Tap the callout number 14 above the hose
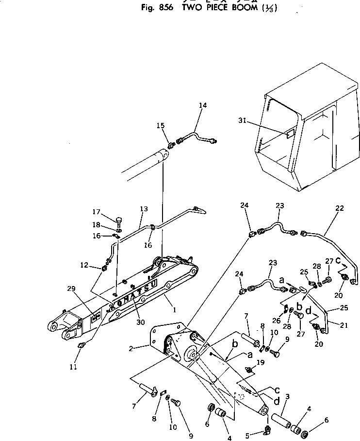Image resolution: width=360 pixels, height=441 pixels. (x=202, y=105)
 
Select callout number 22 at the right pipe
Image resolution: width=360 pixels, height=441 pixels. (x=339, y=208)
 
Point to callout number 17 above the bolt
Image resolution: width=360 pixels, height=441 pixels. (x=96, y=211)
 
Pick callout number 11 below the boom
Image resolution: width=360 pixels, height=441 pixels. (x=73, y=367)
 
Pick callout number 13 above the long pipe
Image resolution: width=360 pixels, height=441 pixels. (x=144, y=209)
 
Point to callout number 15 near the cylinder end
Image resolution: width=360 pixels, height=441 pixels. (x=161, y=125)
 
